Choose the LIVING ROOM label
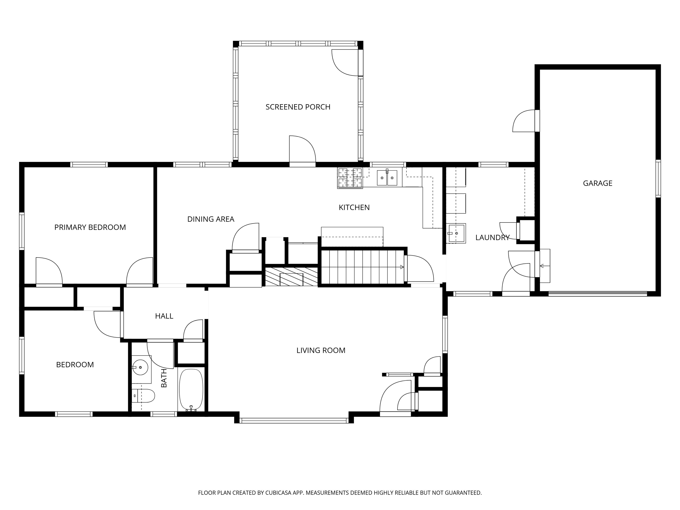click(x=321, y=350)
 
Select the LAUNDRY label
click(x=492, y=238)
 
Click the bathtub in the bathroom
click(x=191, y=390)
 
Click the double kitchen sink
click(x=387, y=178)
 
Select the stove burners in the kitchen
click(x=350, y=178)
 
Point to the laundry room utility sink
click(x=456, y=233)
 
